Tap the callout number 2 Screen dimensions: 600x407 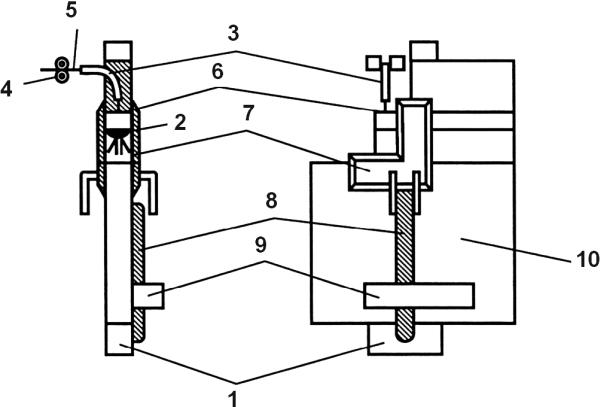[x=179, y=122]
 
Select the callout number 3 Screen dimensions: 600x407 [x=233, y=34]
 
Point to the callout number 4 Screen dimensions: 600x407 [x=7, y=89]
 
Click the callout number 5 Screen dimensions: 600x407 [x=71, y=10]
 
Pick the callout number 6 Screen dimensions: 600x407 [x=217, y=72]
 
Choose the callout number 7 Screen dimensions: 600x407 [x=248, y=113]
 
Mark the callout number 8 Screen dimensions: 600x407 [x=271, y=201]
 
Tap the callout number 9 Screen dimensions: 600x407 [x=261, y=245]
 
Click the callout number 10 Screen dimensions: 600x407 [x=587, y=259]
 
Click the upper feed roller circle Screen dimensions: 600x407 [x=62, y=63]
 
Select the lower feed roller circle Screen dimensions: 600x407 [x=62, y=76]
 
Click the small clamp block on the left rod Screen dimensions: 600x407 [x=148, y=296]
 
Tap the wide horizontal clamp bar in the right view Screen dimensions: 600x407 [x=419, y=295]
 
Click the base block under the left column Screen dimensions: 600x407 [x=119, y=339]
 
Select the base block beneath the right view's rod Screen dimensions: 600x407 [x=405, y=339]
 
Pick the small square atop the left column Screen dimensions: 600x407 [x=119, y=51]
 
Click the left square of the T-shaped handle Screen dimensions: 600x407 [x=373, y=63]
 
